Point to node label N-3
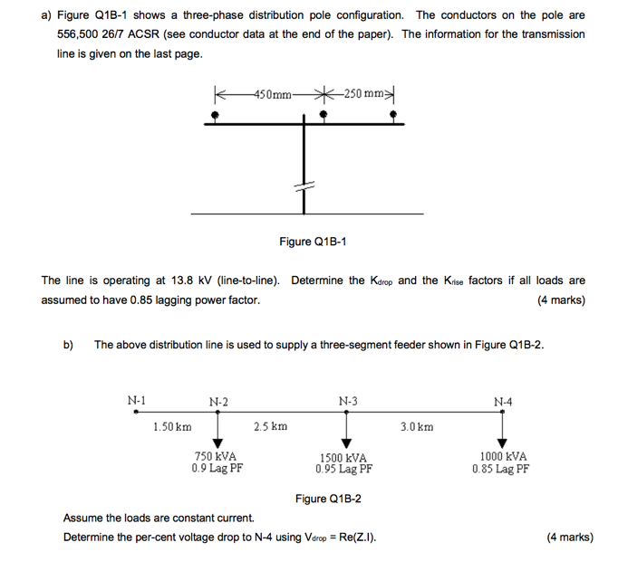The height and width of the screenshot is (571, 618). [x=348, y=401]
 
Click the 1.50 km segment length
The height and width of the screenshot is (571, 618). [x=172, y=426]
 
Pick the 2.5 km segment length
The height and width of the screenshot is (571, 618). [x=271, y=426]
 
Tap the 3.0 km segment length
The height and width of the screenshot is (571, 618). [x=417, y=426]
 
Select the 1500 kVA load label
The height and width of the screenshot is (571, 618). [x=343, y=458]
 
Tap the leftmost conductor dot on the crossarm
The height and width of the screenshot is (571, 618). [x=215, y=116]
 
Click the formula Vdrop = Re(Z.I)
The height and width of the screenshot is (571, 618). [x=334, y=538]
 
